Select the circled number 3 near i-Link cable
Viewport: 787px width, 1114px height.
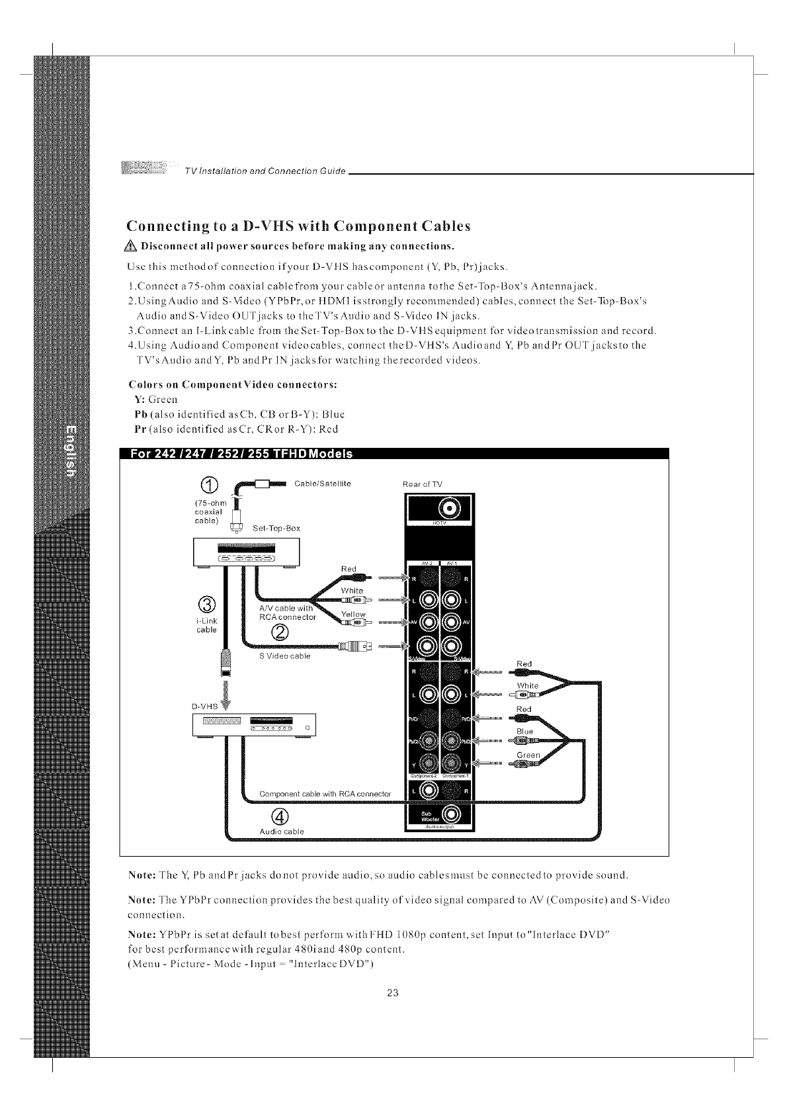tap(206, 605)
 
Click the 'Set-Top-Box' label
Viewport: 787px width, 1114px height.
tap(276, 528)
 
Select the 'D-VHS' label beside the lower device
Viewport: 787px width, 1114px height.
tap(204, 706)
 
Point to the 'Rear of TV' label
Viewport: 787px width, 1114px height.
tap(423, 484)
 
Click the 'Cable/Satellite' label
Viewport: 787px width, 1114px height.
tap(322, 484)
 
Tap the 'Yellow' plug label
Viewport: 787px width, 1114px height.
tap(352, 615)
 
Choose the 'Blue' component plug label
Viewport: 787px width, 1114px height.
tap(525, 732)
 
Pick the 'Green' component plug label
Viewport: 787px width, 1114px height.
tap(528, 755)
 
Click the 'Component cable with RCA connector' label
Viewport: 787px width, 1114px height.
tap(325, 793)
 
